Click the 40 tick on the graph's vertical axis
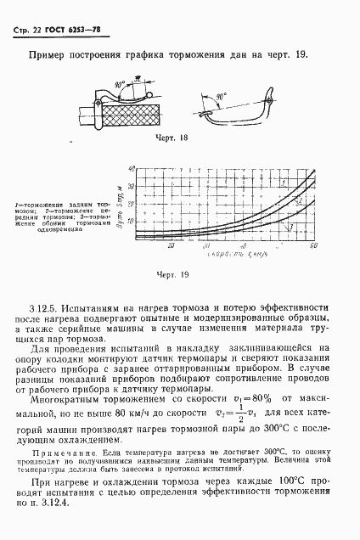(x=133, y=170)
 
